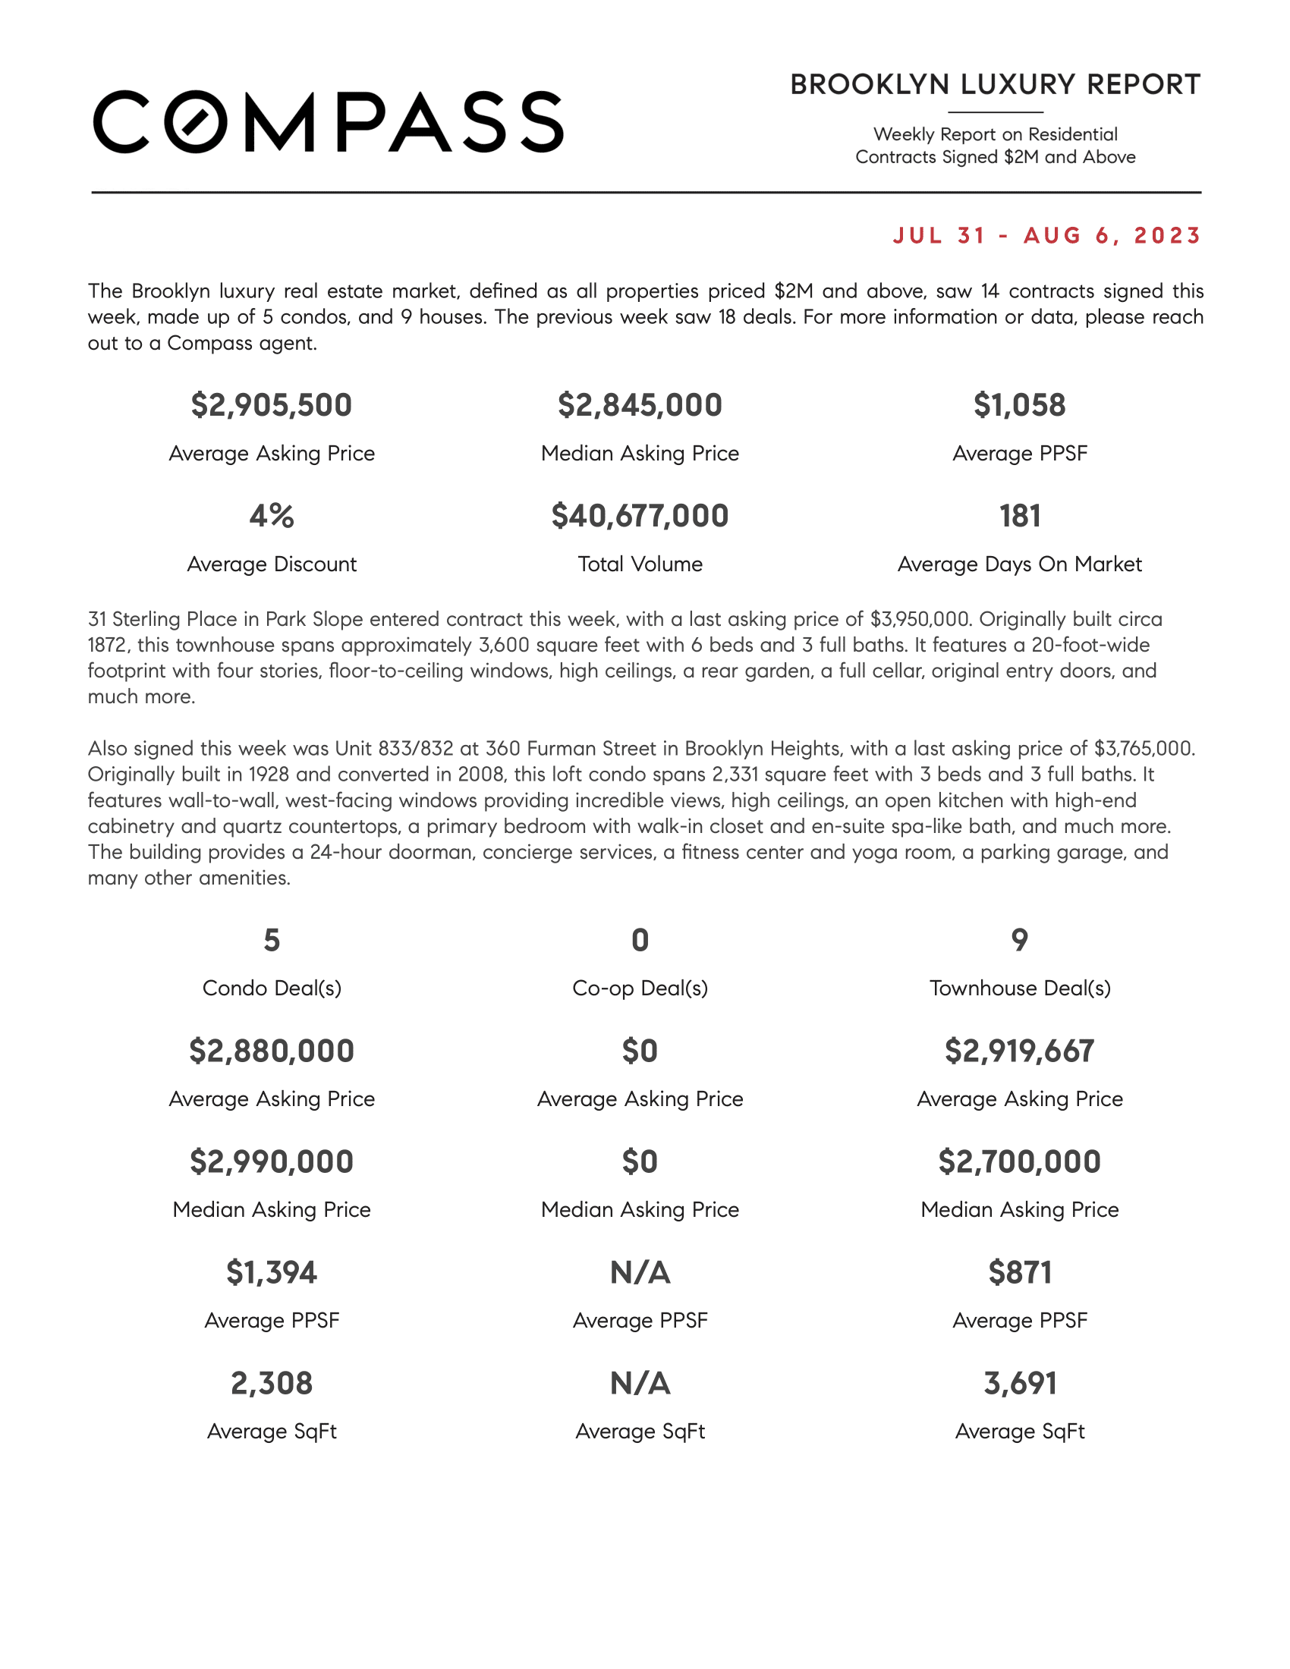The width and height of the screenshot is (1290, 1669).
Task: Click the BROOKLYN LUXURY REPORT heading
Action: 995,85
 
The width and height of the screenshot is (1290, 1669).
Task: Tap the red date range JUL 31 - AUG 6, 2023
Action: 1047,235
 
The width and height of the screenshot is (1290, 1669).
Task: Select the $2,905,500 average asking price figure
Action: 272,405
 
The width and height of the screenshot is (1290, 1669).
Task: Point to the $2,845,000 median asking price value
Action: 640,405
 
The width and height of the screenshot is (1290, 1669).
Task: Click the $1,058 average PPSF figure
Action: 1019,405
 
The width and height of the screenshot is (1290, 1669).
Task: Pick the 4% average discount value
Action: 272,516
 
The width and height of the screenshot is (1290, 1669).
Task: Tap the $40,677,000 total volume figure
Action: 640,516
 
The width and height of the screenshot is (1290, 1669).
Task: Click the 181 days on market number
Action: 1019,516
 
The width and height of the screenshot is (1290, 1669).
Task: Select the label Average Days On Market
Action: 1019,564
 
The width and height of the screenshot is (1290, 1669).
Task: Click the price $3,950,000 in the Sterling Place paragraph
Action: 920,619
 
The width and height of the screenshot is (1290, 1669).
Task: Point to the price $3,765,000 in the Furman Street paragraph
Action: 1144,748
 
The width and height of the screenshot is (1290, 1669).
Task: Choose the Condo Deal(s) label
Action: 272,988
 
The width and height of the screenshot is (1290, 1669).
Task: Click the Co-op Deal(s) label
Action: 640,988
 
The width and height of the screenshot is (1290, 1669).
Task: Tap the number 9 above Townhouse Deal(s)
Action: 1019,940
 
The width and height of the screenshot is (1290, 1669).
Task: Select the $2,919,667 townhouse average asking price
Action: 1019,1051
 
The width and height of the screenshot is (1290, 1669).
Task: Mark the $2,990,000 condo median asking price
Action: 272,1161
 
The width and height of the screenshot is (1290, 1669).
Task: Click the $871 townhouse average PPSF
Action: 1019,1272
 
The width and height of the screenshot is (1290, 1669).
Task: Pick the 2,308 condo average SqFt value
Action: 272,1383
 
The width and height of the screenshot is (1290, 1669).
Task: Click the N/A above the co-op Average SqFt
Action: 640,1383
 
